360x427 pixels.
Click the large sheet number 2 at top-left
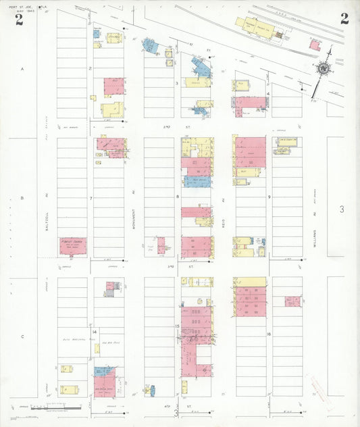(x=19, y=19)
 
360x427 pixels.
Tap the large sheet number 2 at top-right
(x=344, y=18)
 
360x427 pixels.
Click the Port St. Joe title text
(x=19, y=7)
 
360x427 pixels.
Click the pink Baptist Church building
(x=72, y=246)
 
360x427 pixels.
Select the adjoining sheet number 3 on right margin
(x=342, y=210)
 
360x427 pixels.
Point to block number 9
(x=269, y=197)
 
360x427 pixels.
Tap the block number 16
(x=269, y=334)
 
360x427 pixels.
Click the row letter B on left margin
(x=22, y=198)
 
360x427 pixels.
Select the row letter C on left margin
(x=22, y=336)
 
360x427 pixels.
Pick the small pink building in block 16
(x=292, y=301)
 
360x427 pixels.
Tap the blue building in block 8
(x=197, y=181)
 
